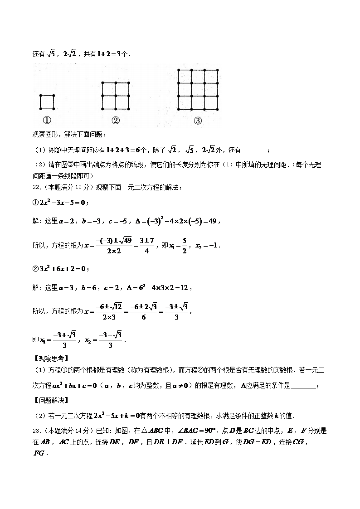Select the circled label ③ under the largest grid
pos(198,121)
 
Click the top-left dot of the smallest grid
pos(41,96)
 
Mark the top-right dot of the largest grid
pos(218,70)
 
